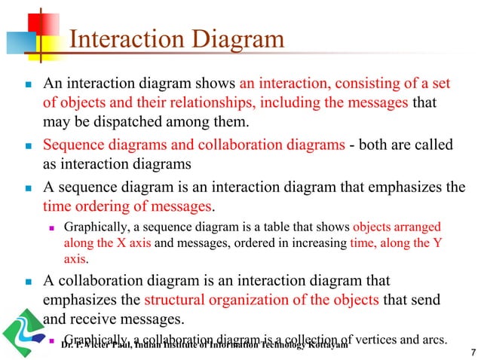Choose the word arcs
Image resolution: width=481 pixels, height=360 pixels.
click(443, 337)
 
